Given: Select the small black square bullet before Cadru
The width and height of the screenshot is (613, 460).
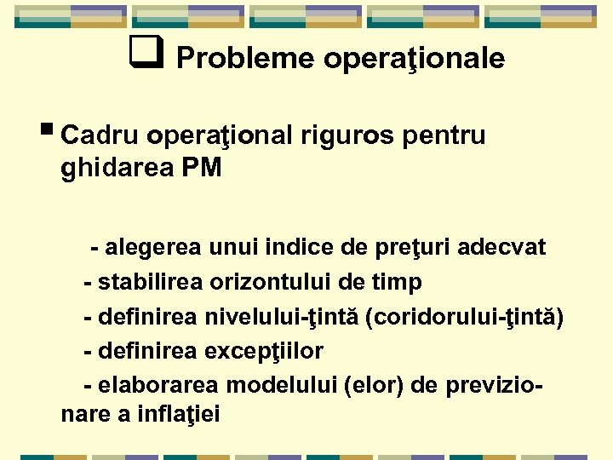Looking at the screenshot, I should click(51, 131).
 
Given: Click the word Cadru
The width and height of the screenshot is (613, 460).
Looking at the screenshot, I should click(100, 136).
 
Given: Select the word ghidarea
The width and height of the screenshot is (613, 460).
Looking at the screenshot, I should click(117, 169).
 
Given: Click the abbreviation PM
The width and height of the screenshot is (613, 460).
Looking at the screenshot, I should click(201, 169).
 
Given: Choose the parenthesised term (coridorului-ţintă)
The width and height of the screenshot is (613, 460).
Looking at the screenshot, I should click(463, 317).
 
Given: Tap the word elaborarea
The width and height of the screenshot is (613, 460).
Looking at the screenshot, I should click(154, 385).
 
